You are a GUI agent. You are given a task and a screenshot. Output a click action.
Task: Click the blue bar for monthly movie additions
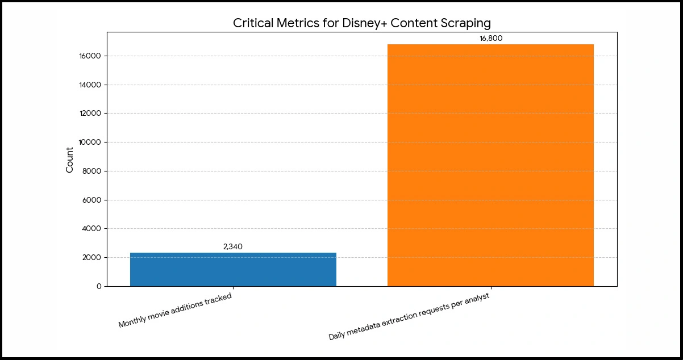(x=233, y=269)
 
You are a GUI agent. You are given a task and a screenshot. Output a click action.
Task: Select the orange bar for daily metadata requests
(x=490, y=165)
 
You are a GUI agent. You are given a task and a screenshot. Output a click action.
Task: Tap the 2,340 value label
(x=233, y=246)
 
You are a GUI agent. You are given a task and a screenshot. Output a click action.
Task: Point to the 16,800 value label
(x=491, y=39)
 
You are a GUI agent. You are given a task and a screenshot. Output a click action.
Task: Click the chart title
(x=361, y=23)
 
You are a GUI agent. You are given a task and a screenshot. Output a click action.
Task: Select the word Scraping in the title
(x=466, y=23)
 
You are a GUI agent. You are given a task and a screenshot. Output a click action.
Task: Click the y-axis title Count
(x=70, y=160)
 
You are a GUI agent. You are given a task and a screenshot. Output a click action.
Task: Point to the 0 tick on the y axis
(x=99, y=286)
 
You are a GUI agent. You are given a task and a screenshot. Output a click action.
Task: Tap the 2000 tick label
(x=92, y=258)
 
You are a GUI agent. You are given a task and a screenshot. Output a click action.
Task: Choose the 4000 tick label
(x=92, y=229)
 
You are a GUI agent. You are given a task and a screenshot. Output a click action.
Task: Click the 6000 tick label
(x=92, y=200)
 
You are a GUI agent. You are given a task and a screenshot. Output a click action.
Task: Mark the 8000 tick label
(x=92, y=171)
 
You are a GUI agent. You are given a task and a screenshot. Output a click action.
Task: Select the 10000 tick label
(x=90, y=143)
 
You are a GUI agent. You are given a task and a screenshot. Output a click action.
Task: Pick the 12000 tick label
(x=90, y=114)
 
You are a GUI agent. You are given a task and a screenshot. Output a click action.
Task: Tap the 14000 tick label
(x=90, y=85)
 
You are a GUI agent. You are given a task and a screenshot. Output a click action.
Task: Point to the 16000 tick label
(x=90, y=56)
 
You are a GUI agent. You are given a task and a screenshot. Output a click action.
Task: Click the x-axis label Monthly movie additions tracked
(x=175, y=311)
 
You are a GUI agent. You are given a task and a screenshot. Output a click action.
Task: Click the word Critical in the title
(x=253, y=23)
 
